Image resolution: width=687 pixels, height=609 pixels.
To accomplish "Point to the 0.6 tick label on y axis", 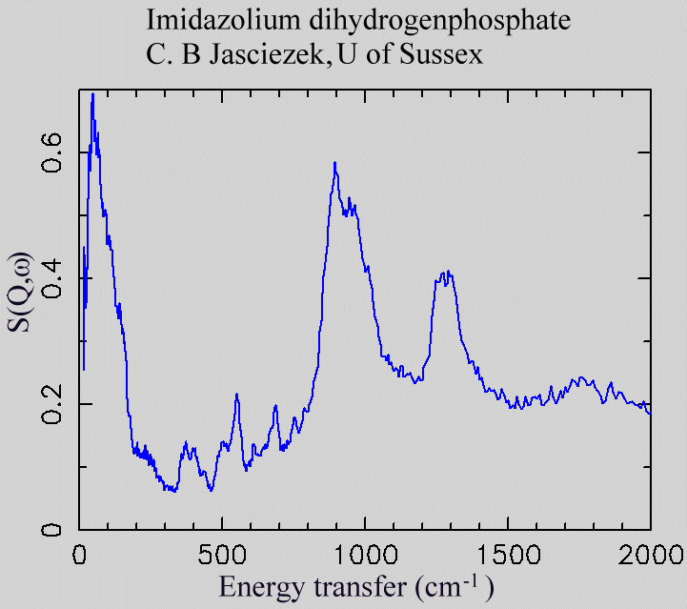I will coord(55,152).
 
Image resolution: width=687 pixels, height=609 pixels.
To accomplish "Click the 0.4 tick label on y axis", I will coord(55,278).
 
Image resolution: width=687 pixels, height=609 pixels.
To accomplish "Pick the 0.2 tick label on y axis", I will coord(55,404).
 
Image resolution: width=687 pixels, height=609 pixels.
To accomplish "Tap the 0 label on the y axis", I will coord(55,530).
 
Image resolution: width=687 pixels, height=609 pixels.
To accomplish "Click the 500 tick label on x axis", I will coord(222,554).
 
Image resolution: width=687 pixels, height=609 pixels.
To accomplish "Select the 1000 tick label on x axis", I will coord(365,554).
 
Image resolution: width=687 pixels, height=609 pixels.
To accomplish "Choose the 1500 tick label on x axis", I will coord(508,554).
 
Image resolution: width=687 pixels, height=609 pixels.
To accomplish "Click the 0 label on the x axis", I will coord(80,554).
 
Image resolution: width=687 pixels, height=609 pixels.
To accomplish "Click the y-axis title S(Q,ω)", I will coord(20,295).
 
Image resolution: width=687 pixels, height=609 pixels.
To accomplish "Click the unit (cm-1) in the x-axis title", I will coord(454,583).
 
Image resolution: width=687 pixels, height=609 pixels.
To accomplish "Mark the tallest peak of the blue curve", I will coord(92,95).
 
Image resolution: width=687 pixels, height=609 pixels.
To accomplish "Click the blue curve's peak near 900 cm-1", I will coord(335,163).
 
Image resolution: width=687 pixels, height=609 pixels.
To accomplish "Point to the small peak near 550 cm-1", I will coord(237,394).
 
